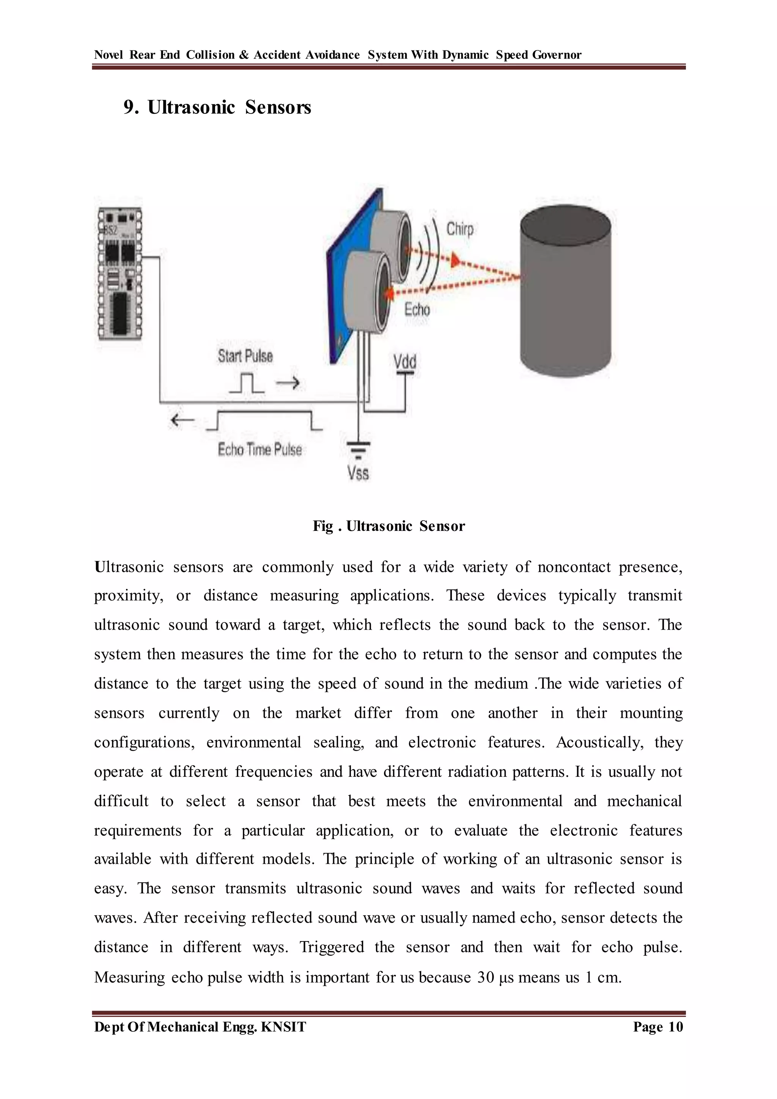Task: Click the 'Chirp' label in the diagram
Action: pyautogui.click(x=460, y=229)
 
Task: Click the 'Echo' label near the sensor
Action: pyautogui.click(x=417, y=310)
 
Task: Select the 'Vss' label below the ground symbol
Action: pyautogui.click(x=358, y=473)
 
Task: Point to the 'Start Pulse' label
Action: pyautogui.click(x=245, y=356)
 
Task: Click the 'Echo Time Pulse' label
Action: pyautogui.click(x=260, y=449)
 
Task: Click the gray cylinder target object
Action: pyautogui.click(x=566, y=292)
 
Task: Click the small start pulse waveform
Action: pyautogui.click(x=246, y=383)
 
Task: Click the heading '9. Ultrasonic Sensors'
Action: pyautogui.click(x=217, y=107)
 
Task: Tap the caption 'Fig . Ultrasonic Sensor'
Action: pyautogui.click(x=388, y=526)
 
